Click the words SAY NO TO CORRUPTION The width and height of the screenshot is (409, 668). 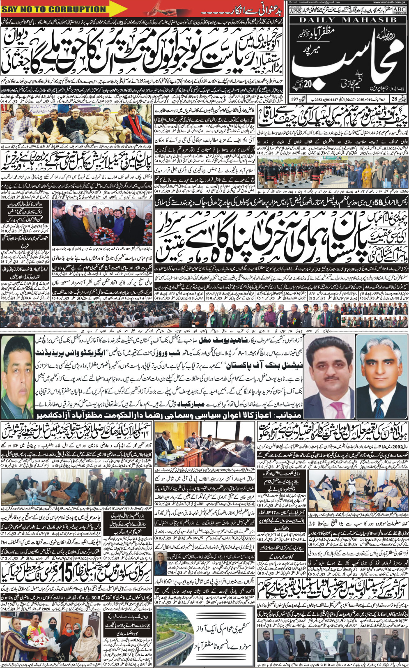pos(54,9)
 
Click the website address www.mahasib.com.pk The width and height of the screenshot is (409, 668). pos(388,2)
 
